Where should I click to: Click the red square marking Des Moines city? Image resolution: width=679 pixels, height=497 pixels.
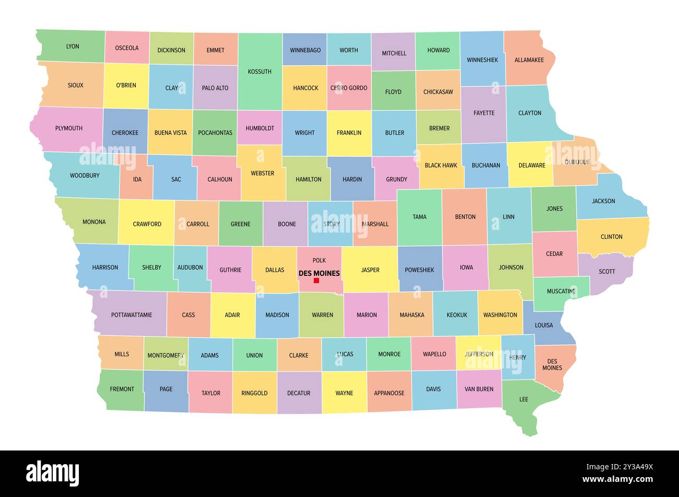(316, 281)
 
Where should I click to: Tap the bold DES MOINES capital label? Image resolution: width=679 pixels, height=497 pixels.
(319, 273)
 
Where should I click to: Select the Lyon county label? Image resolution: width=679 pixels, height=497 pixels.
(73, 47)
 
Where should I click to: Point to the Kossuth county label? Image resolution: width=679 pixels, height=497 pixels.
(260, 72)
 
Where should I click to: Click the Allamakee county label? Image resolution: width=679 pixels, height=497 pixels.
(529, 60)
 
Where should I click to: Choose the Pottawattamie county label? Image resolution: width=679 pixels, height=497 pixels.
(132, 315)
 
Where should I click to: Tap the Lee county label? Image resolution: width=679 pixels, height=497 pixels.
(523, 399)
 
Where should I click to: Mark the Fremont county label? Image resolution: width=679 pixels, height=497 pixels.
(122, 389)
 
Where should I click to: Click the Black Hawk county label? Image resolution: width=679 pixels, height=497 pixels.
(441, 166)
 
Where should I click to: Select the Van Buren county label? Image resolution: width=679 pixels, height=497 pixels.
(479, 389)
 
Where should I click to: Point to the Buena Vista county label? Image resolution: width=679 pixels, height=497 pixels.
(170, 133)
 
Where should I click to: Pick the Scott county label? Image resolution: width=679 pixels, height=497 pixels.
(607, 272)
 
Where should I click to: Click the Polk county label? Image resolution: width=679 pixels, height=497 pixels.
(319, 260)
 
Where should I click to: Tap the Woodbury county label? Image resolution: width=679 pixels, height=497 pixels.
(85, 176)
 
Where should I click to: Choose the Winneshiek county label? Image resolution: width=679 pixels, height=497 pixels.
(483, 60)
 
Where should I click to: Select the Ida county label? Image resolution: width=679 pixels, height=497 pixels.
(137, 179)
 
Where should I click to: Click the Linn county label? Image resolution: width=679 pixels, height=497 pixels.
(508, 217)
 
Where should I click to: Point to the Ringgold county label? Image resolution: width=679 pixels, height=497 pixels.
(254, 393)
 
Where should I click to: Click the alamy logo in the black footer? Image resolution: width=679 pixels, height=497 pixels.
(53, 473)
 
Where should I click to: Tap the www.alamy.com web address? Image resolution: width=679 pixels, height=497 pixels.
(617, 479)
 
